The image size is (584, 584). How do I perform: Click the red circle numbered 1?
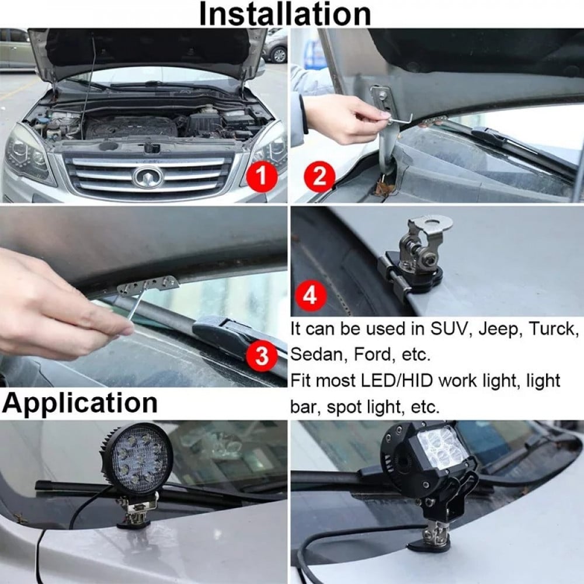(262, 176)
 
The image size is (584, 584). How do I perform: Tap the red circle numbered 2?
(319, 176)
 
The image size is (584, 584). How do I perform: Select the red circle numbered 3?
(262, 355)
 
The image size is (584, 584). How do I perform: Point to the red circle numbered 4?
(310, 296)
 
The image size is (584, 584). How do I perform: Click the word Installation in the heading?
(285, 14)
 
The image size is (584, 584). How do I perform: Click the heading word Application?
(80, 404)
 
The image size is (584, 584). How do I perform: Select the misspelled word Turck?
(554, 328)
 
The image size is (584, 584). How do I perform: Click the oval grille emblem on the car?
(148, 177)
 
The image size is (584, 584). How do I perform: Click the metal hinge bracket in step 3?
(148, 285)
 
